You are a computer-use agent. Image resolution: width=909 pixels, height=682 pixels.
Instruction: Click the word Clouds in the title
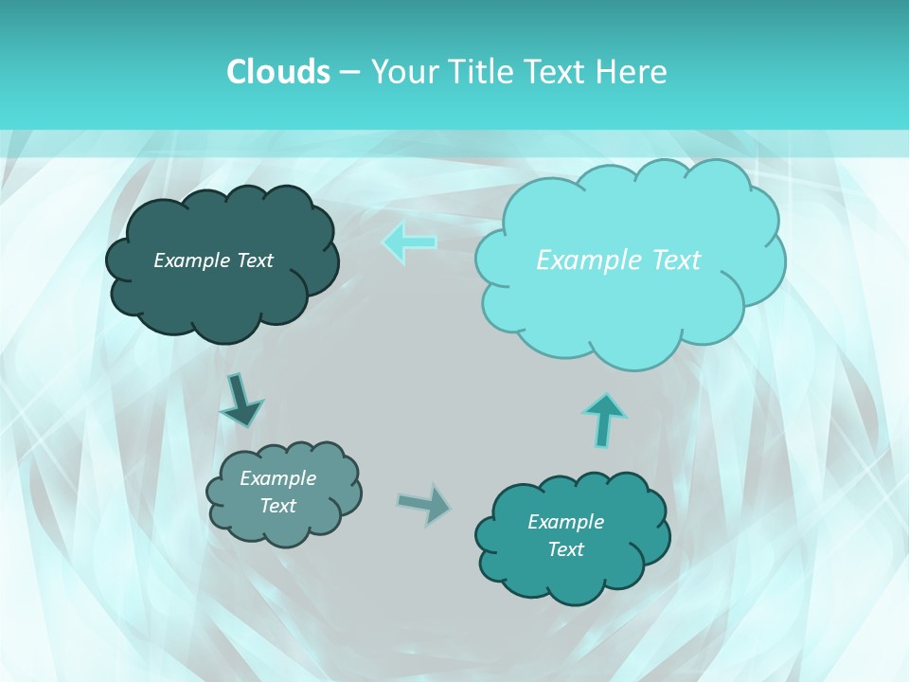(277, 72)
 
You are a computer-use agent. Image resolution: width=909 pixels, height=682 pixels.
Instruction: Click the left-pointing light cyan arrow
(410, 242)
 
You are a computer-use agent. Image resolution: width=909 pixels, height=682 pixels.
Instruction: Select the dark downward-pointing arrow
(241, 400)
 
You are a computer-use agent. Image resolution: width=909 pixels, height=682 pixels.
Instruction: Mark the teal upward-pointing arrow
(604, 420)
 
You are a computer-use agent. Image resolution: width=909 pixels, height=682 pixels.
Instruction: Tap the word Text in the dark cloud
(255, 260)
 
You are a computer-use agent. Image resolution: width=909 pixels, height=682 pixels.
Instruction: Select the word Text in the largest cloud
(676, 260)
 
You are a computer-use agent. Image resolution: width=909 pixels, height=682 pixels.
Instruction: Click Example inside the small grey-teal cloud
(277, 478)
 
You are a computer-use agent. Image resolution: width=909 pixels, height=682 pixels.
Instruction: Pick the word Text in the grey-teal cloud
(277, 506)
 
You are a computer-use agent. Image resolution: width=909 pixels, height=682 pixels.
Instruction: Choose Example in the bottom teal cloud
(565, 522)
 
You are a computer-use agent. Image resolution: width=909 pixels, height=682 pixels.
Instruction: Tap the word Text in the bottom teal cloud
(565, 549)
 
